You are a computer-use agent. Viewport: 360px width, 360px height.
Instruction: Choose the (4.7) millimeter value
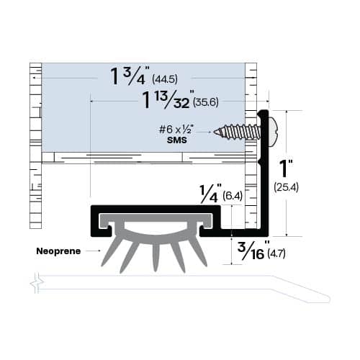click(277, 253)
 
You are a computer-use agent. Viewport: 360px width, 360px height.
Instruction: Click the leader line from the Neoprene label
click(92, 251)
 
